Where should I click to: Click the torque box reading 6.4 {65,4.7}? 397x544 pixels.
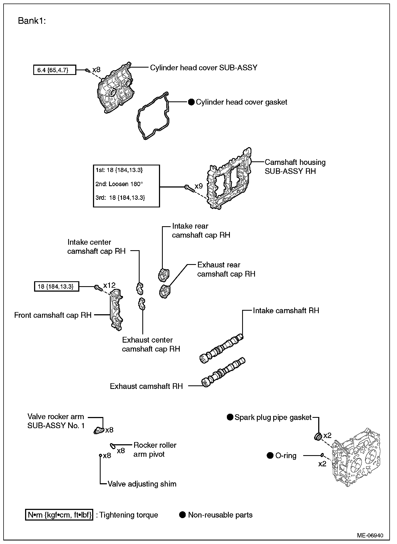point(55,70)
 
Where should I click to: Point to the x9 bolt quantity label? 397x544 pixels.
point(198,186)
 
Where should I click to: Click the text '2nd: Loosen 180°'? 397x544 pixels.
point(119,184)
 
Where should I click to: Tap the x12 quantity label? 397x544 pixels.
point(109,285)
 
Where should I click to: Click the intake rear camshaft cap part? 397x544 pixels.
point(164,274)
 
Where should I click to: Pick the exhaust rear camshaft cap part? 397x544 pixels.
point(164,291)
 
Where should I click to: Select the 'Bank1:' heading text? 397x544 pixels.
point(32,21)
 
